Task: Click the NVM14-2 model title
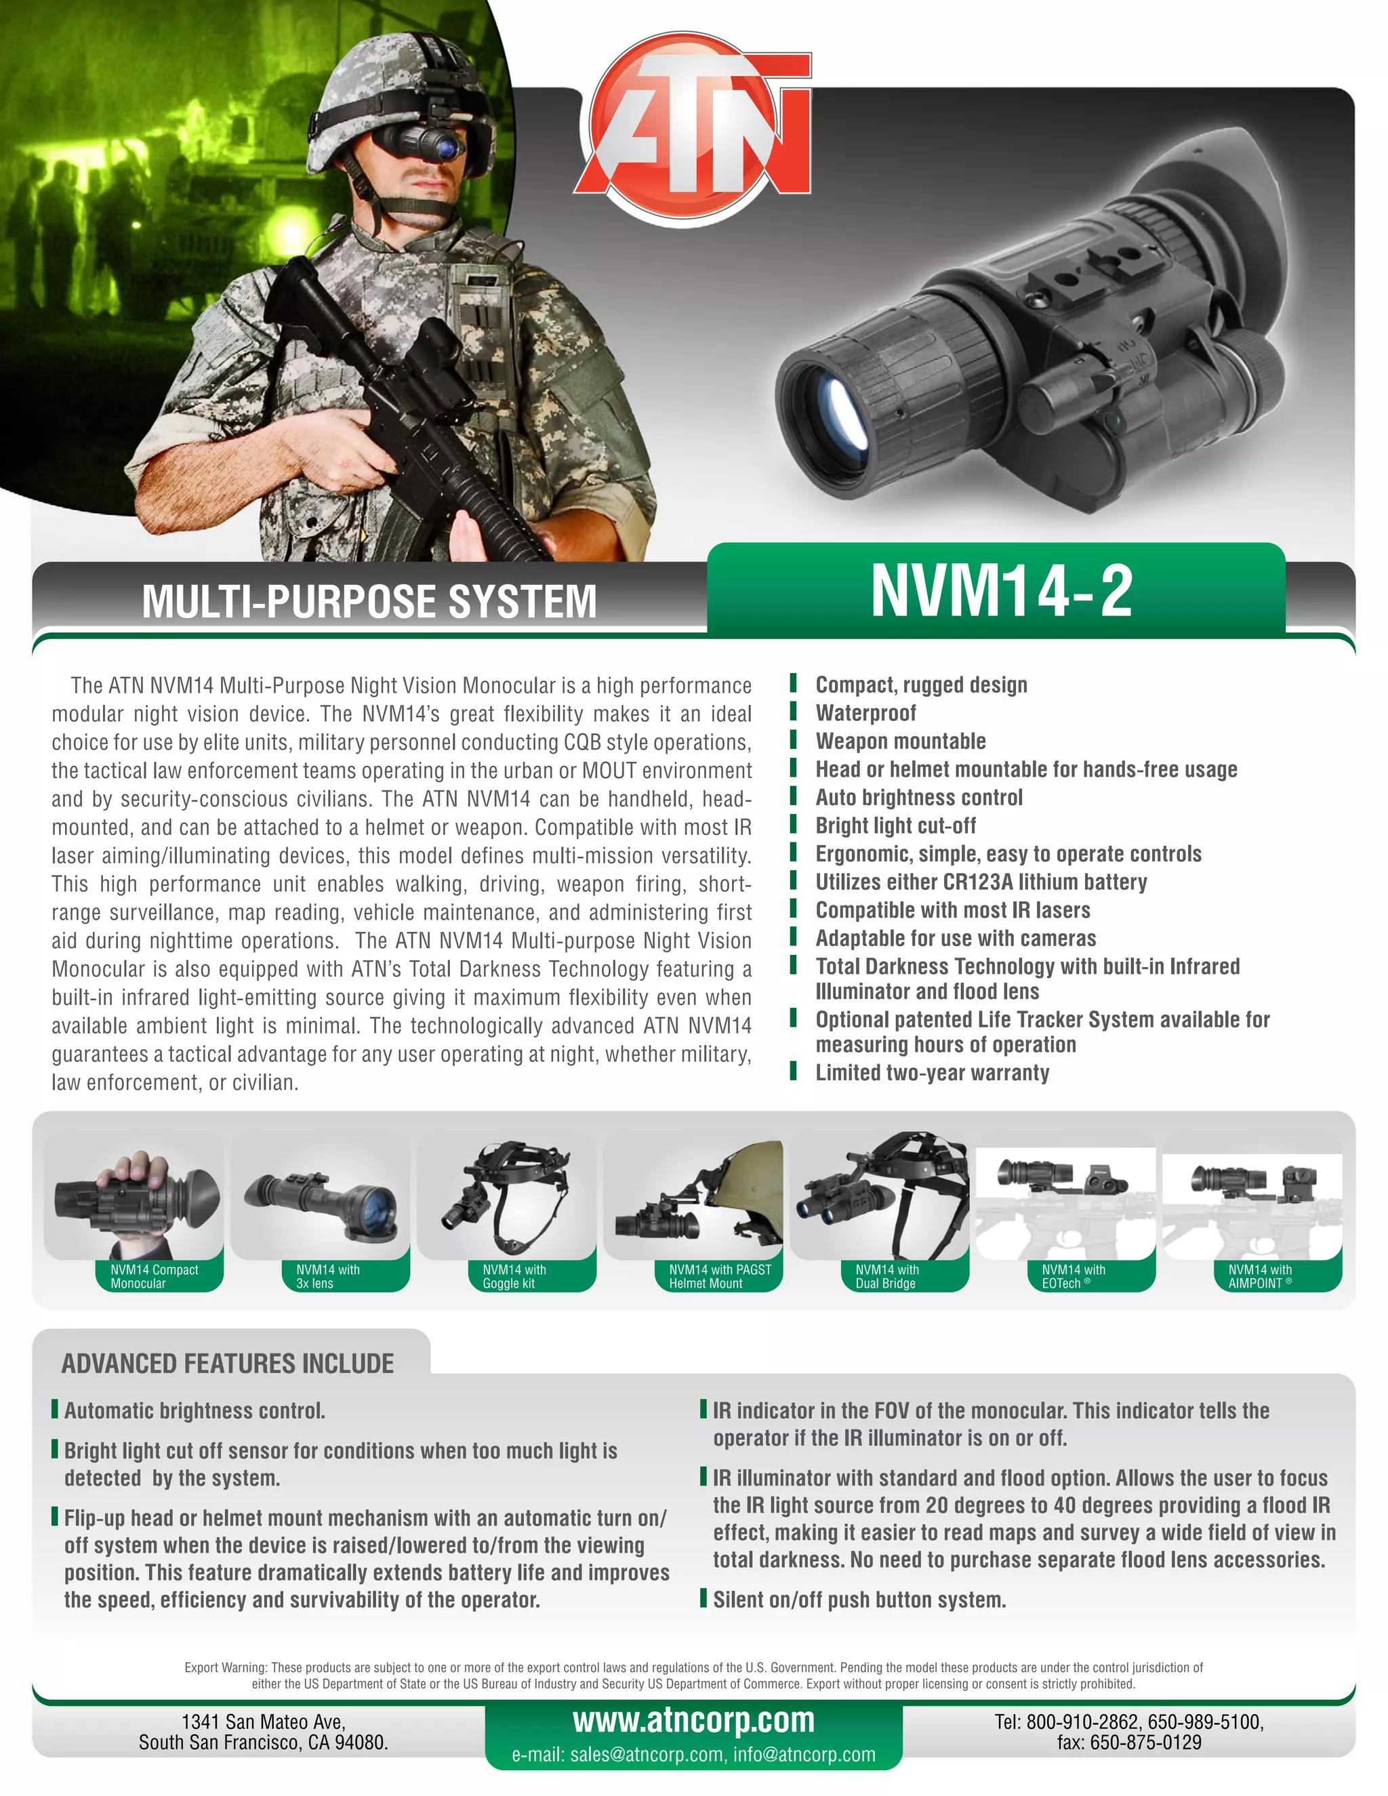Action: [x=1001, y=590]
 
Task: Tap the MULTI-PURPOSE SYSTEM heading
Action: [x=369, y=601]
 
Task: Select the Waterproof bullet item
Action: [x=865, y=713]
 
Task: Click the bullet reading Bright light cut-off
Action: [x=895, y=825]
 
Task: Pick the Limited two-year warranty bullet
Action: [x=932, y=1073]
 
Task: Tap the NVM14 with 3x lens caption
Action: [x=327, y=1276]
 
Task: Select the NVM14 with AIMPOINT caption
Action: [x=1259, y=1276]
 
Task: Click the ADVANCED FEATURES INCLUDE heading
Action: [x=228, y=1364]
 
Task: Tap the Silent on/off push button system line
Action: [x=859, y=1599]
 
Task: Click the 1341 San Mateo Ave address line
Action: [x=263, y=1721]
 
